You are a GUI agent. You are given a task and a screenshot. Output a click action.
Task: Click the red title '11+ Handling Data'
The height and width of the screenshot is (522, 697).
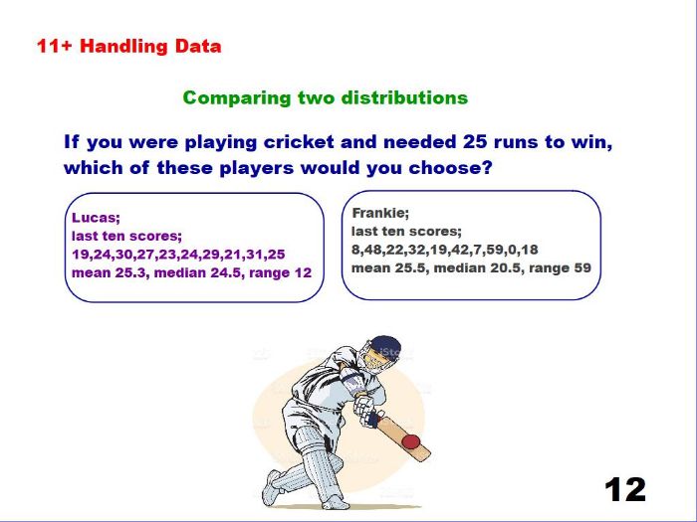[x=128, y=46]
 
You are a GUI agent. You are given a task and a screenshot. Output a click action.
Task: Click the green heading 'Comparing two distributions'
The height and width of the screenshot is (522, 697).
[x=326, y=97]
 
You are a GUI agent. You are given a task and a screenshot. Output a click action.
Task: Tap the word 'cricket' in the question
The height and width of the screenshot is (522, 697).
[x=299, y=142]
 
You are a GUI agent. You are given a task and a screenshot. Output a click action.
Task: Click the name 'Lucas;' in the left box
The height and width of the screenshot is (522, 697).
[x=96, y=218]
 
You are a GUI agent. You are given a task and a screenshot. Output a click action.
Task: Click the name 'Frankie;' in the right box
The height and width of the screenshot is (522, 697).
[x=380, y=213]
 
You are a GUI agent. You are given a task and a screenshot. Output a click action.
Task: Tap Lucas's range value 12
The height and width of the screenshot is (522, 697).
[x=303, y=272]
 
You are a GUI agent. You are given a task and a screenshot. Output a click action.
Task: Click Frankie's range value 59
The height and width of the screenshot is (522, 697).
[x=582, y=268]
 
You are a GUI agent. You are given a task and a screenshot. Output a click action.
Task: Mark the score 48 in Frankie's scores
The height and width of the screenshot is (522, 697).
[x=369, y=250]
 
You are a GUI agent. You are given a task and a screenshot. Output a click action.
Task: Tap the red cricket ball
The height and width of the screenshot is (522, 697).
[x=410, y=441]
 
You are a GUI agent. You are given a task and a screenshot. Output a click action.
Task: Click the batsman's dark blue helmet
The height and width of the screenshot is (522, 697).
[x=385, y=345]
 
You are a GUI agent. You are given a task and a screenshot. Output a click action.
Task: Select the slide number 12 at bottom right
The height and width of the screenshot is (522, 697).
[x=625, y=489]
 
